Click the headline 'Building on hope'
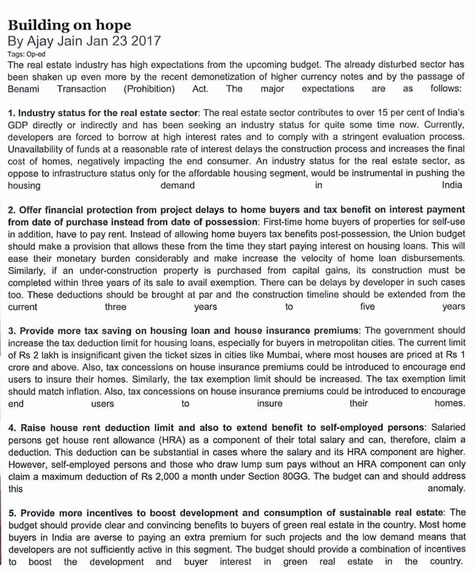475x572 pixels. click(70, 25)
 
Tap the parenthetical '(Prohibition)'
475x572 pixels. click(149, 89)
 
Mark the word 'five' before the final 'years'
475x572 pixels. click(367, 307)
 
